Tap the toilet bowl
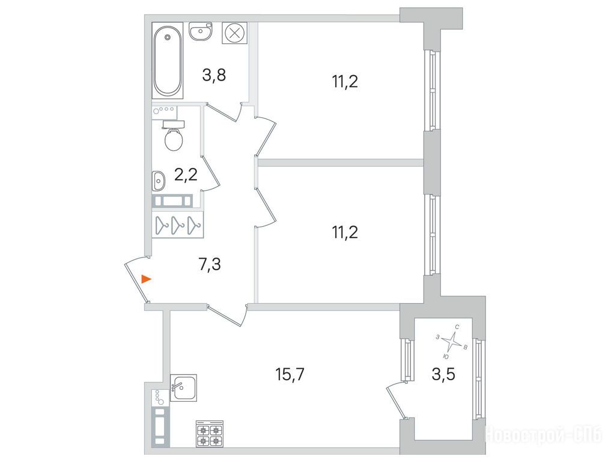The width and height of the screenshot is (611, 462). [174, 137]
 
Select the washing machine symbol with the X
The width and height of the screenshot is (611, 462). [234, 32]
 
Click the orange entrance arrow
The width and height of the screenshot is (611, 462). [146, 279]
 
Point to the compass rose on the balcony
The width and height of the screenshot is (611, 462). [451, 342]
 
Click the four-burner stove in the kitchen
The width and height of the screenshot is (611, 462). [210, 434]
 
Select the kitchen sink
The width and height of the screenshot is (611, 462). [184, 387]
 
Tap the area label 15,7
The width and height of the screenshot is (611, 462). [289, 375]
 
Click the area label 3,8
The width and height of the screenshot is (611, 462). [214, 75]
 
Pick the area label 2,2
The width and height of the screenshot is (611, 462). [186, 175]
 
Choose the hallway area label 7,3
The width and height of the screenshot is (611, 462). [210, 265]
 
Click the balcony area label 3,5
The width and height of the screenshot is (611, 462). [443, 375]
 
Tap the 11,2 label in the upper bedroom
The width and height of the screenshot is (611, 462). [345, 82]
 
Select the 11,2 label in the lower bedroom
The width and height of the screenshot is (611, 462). [345, 232]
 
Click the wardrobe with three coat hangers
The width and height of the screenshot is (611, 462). [178, 224]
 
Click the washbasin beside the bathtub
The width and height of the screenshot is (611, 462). [201, 31]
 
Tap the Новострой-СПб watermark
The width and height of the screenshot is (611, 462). [543, 434]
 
